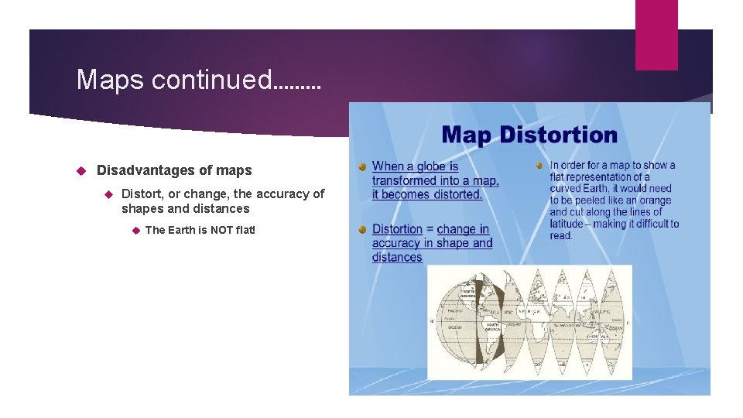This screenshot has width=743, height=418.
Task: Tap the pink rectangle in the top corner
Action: tap(656, 34)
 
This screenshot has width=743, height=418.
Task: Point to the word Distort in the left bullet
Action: tap(142, 194)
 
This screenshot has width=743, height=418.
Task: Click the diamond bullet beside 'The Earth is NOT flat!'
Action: tap(134, 230)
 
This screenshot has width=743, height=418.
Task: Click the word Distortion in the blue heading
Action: tap(558, 135)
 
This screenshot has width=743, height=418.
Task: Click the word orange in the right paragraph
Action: tap(656, 200)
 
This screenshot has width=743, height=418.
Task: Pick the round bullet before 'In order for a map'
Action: tap(539, 165)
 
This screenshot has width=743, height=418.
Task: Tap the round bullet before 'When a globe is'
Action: tap(361, 166)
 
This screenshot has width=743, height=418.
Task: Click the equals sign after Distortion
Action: tap(430, 229)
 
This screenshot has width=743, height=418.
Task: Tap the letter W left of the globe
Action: tap(432, 321)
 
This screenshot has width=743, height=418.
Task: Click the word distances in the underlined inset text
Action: tap(397, 257)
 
